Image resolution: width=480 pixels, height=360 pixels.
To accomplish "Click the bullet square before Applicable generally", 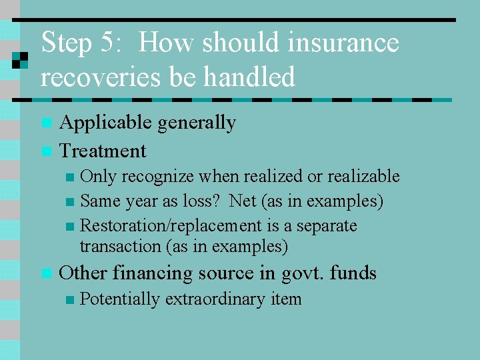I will coord(45,123).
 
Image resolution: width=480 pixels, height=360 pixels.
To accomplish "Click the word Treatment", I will coord(103,151).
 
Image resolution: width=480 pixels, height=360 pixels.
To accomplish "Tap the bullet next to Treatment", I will coord(45,151).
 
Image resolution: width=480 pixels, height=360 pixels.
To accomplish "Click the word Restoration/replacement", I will coord(171,226).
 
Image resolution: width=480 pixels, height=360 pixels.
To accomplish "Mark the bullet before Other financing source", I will coord(45,273).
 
